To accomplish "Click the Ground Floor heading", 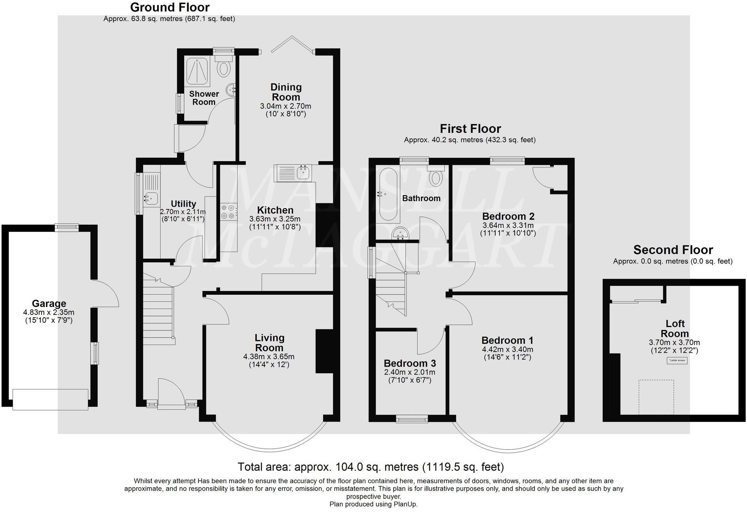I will [x=170, y=7].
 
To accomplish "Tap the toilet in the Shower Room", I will [x=224, y=67].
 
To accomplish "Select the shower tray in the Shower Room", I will [x=198, y=72].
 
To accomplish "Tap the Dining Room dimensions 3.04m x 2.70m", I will [x=285, y=106].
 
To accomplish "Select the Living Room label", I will [x=269, y=343].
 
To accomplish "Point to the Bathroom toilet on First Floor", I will [x=436, y=177].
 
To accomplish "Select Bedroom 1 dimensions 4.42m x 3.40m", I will [x=507, y=349].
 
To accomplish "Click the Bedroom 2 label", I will [x=508, y=216].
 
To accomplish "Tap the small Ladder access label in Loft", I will [x=677, y=360].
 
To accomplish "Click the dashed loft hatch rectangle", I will [x=656, y=397].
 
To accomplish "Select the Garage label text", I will [x=49, y=303].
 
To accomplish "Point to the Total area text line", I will [x=370, y=467].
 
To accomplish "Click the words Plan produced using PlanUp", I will [x=373, y=504].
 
